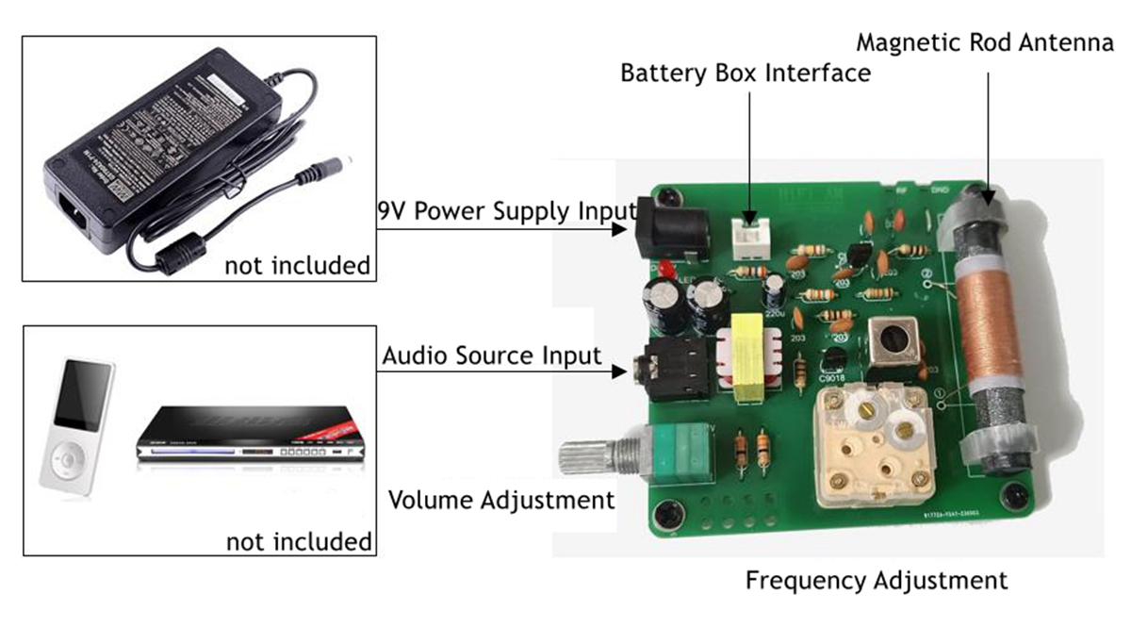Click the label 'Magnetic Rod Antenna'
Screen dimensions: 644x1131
click(985, 43)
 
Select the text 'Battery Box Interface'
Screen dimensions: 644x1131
click(745, 73)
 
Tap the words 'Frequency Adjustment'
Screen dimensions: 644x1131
click(877, 579)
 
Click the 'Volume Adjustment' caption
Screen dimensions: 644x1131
click(501, 500)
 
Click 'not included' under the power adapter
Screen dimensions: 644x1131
click(297, 266)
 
